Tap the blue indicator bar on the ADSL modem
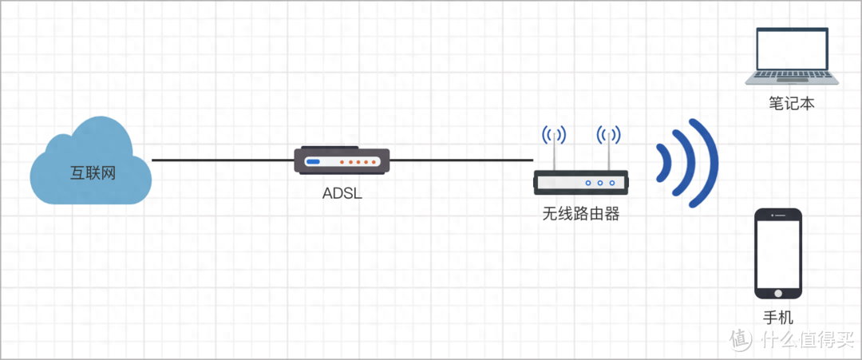[313, 162]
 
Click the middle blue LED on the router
[600, 183]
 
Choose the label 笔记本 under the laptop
[792, 104]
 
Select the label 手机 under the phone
[777, 316]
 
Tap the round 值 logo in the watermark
[741, 339]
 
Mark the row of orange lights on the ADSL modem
[356, 162]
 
